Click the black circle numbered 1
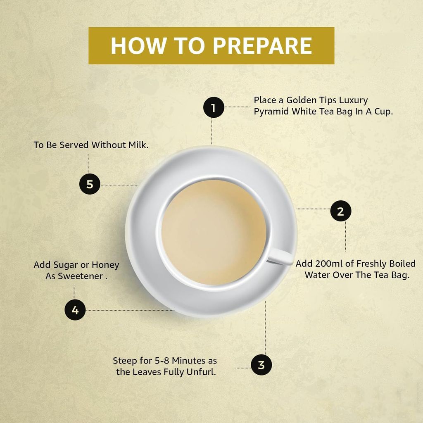tap(214, 107)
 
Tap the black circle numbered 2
tap(341, 211)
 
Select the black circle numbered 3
tap(261, 365)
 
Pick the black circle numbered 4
tap(75, 310)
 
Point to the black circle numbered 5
tap(90, 184)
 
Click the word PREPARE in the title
tap(262, 45)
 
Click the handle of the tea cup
tap(280, 256)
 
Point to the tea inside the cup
tap(214, 232)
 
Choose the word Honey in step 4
tap(105, 265)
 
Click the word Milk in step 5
tap(138, 145)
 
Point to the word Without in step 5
tap(109, 145)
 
